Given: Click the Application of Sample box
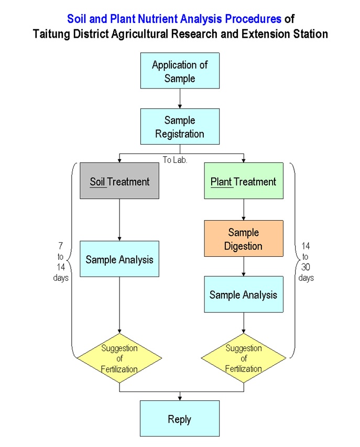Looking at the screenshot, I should (180, 71).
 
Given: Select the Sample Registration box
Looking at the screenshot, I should (180, 126).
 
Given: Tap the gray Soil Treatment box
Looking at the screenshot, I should (119, 181).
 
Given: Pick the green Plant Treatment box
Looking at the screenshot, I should (244, 181).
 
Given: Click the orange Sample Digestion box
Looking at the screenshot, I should (244, 238).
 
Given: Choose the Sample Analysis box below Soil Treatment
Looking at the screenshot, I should (119, 259).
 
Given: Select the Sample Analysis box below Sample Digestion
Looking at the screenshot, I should (244, 295).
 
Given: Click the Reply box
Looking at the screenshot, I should (180, 419).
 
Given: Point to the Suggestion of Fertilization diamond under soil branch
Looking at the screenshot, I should (119, 359).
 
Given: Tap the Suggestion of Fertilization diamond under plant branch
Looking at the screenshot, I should (244, 359).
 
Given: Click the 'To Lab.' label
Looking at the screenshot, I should (174, 160).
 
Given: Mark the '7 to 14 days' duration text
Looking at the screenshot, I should (61, 261).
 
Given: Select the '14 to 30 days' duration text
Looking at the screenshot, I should (306, 261).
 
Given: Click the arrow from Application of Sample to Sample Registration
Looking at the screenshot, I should (180, 99).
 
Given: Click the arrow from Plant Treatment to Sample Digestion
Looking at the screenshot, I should (244, 210).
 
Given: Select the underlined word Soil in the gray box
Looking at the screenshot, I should (97, 182).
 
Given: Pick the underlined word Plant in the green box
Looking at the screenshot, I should (221, 182).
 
